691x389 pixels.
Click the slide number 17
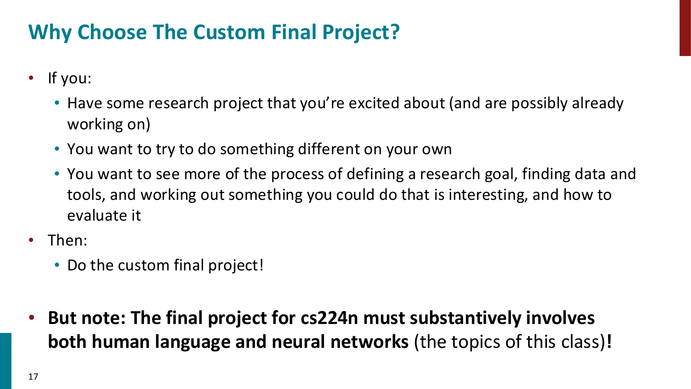[33, 377]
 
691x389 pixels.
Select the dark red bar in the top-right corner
[685, 28]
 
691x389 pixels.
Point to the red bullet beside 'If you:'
[31, 78]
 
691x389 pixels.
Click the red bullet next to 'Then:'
[31, 240]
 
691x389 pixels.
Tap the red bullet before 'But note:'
[31, 317]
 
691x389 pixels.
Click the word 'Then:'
[67, 240]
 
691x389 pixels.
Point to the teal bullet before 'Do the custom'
[57, 265]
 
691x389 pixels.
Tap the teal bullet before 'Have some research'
[57, 103]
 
